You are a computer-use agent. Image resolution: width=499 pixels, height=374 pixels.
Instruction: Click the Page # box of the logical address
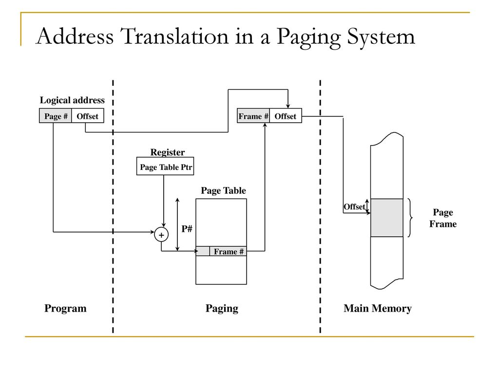(x=56, y=116)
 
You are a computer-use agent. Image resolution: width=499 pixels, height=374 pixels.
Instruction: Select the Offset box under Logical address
(x=88, y=116)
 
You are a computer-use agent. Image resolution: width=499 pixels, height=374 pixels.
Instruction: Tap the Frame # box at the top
(x=253, y=116)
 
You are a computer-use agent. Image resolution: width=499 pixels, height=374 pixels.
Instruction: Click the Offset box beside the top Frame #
(x=286, y=116)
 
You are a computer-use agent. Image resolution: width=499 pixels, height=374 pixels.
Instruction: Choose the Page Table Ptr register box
(x=166, y=168)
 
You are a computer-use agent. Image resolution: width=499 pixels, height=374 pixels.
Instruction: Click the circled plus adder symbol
(x=161, y=235)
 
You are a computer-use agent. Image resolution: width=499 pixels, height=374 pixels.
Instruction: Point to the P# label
(x=187, y=228)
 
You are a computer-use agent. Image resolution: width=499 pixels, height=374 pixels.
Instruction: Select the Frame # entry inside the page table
(x=229, y=251)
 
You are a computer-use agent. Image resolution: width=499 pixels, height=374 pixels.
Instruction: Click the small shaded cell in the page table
(x=203, y=251)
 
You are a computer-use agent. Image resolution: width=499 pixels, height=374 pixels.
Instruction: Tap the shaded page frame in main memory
(x=387, y=217)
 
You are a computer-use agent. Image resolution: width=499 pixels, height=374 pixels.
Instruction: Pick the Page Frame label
(x=443, y=218)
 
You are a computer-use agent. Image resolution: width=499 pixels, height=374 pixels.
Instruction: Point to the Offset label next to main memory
(x=354, y=206)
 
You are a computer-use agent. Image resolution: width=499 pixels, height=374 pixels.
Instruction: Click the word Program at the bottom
(x=65, y=308)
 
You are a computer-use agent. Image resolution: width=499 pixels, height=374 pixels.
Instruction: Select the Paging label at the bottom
(x=222, y=308)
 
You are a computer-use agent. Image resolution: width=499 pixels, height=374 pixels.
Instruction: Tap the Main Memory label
(x=378, y=308)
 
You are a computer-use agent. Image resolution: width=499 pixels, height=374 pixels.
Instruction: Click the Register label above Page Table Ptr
(x=167, y=152)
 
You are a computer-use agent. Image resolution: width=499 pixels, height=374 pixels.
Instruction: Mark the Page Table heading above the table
(x=223, y=191)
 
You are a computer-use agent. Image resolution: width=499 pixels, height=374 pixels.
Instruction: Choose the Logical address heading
(x=72, y=100)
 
